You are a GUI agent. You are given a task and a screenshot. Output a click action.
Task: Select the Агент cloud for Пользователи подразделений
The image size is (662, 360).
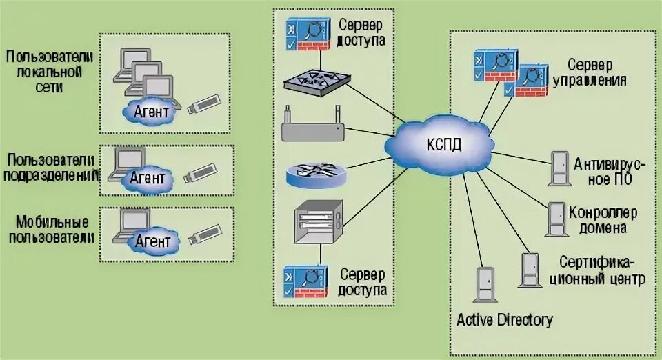[x=147, y=179]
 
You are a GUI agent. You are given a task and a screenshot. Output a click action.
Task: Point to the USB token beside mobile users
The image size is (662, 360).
[x=205, y=234]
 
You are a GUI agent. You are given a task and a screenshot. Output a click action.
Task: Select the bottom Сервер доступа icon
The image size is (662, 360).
[x=305, y=281]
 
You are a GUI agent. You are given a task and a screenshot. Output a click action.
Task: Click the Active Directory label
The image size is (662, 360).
[x=505, y=320]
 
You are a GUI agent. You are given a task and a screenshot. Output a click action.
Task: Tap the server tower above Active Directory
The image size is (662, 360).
[x=486, y=284]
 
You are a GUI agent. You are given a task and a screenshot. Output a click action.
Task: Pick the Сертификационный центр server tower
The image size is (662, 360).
[x=530, y=270]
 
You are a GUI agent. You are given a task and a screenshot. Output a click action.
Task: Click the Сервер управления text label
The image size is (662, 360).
[x=589, y=72]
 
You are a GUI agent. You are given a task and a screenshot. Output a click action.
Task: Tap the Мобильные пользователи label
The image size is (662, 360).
[x=51, y=230]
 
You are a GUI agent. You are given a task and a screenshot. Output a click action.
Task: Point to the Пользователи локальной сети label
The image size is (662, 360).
[x=50, y=71]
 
